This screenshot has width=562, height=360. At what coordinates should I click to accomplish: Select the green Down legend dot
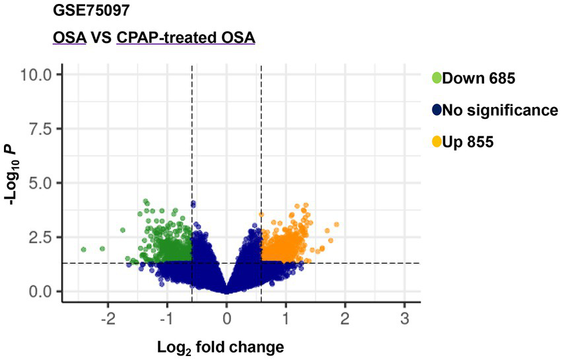[x=437, y=79]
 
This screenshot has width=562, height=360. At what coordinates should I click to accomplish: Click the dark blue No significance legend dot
[x=437, y=110]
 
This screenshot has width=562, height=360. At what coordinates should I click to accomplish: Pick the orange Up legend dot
[x=437, y=141]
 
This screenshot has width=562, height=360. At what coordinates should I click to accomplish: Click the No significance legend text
[x=500, y=110]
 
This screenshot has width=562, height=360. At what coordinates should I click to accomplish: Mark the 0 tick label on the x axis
[x=227, y=318]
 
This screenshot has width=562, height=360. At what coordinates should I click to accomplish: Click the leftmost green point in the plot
[x=83, y=250]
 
